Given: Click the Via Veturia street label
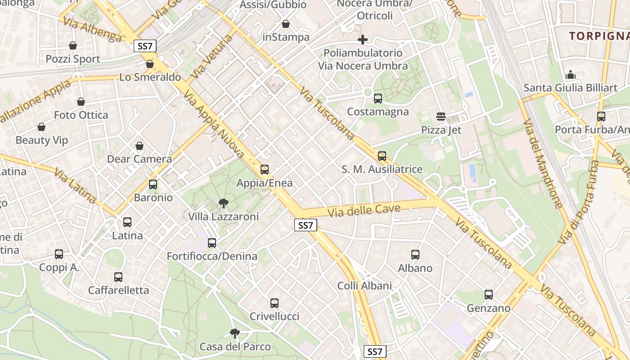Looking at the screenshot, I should coord(211,57).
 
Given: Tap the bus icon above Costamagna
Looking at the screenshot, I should coord(378,98).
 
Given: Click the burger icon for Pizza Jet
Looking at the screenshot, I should coord(441,117).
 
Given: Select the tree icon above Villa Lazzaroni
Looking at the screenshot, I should coord(223,203).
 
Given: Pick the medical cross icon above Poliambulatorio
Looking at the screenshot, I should coord(363,40).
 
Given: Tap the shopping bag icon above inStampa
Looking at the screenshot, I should coord(286,24).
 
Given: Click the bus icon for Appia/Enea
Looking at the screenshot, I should coord(265,170).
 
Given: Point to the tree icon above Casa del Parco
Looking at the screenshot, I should coord(234,333).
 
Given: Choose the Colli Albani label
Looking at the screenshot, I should coord(364,286).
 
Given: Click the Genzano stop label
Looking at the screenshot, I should coord(489,308).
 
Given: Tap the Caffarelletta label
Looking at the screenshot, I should coord(118,290).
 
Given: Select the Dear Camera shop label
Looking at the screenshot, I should coord(139,159).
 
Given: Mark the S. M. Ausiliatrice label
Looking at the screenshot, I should coord(382,169).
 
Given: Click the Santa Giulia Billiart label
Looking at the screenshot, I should coord(571,88).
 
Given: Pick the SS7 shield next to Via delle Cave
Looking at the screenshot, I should coord(306,225).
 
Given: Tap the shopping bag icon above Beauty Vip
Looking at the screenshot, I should coord(41,127).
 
